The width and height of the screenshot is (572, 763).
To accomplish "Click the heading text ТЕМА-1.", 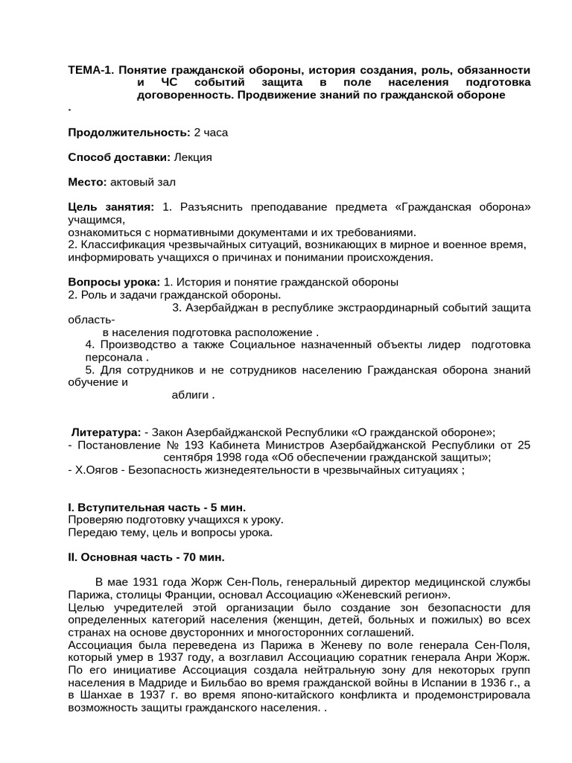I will tap(90, 70).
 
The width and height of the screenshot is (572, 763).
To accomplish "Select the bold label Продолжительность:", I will tap(129, 133).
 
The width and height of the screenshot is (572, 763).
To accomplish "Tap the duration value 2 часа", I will tap(211, 133).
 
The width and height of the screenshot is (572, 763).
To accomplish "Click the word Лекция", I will tap(193, 157).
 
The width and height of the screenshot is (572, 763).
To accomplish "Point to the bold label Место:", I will tap(88, 182).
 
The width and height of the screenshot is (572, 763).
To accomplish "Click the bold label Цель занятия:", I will tap(111, 206).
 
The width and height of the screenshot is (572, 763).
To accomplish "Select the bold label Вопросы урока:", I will tap(114, 282).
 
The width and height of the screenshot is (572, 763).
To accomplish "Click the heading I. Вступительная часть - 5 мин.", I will tap(156, 507).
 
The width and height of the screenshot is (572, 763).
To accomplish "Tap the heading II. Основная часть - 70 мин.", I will tap(146, 557).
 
